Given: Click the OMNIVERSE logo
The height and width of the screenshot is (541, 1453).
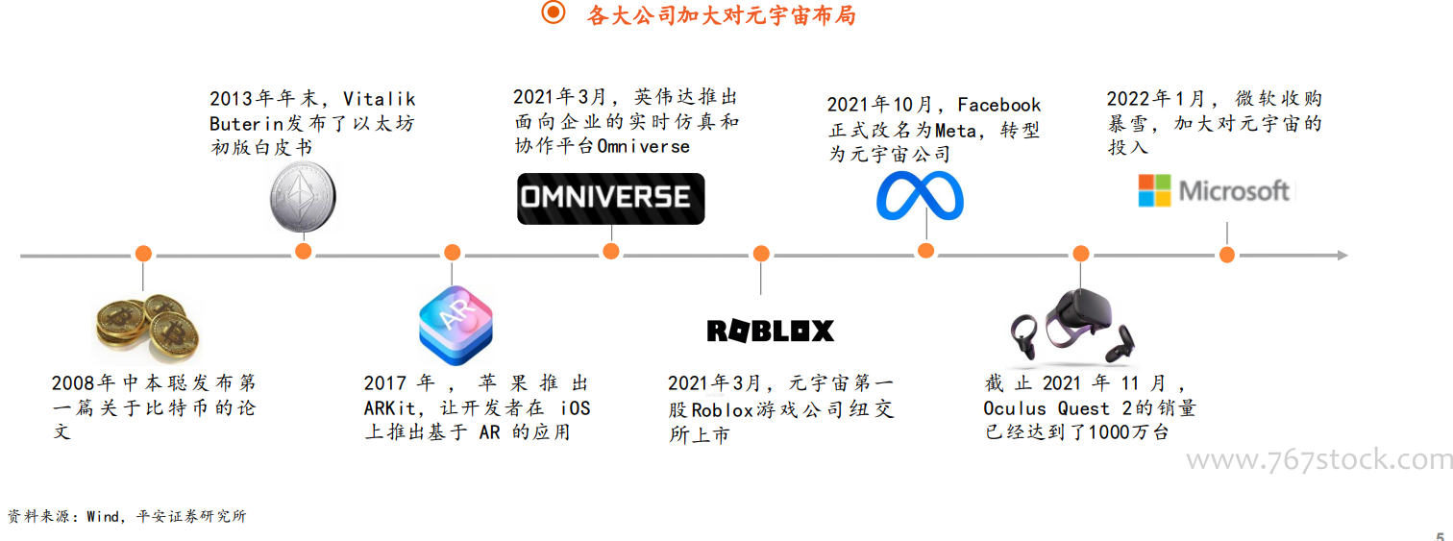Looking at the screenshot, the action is pyautogui.click(x=610, y=199).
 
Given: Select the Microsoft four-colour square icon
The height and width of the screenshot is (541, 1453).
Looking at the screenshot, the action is pyautogui.click(x=1155, y=190).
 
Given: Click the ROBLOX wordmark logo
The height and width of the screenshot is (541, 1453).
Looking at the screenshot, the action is pyautogui.click(x=770, y=331).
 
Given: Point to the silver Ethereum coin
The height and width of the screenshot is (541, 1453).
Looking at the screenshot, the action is pyautogui.click(x=303, y=197).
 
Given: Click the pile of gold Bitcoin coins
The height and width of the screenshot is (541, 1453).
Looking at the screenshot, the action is pyautogui.click(x=147, y=329).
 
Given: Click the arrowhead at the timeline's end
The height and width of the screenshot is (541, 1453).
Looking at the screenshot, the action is pyautogui.click(x=1342, y=256).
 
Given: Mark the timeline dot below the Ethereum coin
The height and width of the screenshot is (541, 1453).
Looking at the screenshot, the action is pyautogui.click(x=303, y=252).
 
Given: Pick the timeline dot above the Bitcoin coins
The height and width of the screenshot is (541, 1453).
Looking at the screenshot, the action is pyautogui.click(x=143, y=254).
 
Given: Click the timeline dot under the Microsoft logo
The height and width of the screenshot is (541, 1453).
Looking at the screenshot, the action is pyautogui.click(x=1226, y=255).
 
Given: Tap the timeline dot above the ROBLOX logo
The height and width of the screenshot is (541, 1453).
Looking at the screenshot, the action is pyautogui.click(x=761, y=254).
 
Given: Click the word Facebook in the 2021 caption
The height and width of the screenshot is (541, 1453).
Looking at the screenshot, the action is pyautogui.click(x=999, y=105).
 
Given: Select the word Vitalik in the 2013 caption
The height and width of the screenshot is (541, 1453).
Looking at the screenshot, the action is pyautogui.click(x=379, y=99).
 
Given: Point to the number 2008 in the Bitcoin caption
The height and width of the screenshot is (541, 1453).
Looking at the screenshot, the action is pyautogui.click(x=73, y=383).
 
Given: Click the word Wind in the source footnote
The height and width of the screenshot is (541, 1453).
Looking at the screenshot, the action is pyautogui.click(x=103, y=516).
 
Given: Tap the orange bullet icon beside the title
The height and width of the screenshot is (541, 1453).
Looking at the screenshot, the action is pyautogui.click(x=554, y=12).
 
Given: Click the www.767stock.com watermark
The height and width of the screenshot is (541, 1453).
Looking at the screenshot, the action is pyautogui.click(x=1319, y=460).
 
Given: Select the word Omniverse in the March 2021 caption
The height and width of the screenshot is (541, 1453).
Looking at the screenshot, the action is pyautogui.click(x=643, y=147).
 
